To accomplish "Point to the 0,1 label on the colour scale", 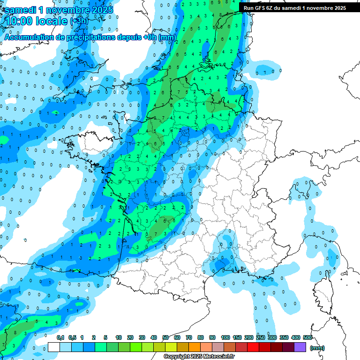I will tap(60, 337).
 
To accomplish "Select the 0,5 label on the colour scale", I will tap(72, 337).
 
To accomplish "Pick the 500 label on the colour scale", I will tap(307, 337).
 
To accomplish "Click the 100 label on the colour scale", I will tap(225, 337).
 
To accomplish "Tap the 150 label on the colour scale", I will tap(237, 337).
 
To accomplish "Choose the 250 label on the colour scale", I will tap(260, 337).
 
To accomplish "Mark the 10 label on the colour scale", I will tap(119, 337).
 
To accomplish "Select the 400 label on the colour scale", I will tap(295, 337).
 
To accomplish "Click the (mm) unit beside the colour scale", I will tap(317, 348).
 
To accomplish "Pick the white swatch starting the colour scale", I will tap(54, 347).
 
